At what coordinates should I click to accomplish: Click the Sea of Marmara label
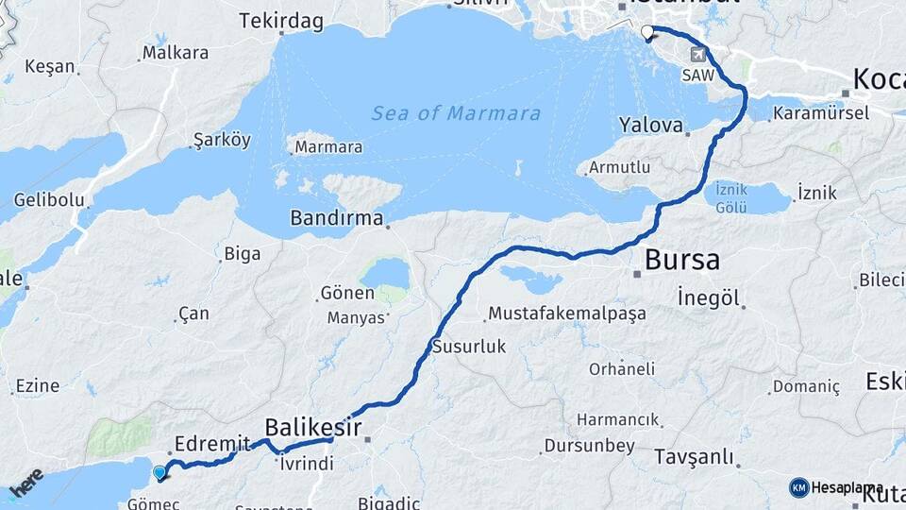[x=456, y=114]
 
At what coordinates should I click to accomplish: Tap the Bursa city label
[x=681, y=260]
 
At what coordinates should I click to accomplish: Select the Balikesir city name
[x=313, y=427]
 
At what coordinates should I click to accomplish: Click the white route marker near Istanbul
[x=646, y=34]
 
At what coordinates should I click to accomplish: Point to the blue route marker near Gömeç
[x=159, y=472]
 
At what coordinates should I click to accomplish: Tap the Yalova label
[x=650, y=125]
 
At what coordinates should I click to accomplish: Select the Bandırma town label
[x=336, y=219]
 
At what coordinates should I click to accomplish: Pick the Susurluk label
[x=469, y=347]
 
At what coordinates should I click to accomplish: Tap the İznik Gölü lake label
[x=731, y=196]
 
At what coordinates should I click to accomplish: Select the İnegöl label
[x=708, y=298]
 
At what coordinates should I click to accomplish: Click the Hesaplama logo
[x=836, y=487]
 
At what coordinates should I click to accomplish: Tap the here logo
[x=25, y=484]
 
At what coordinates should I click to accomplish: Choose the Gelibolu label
[x=49, y=200]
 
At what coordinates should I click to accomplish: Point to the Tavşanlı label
[x=694, y=458]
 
